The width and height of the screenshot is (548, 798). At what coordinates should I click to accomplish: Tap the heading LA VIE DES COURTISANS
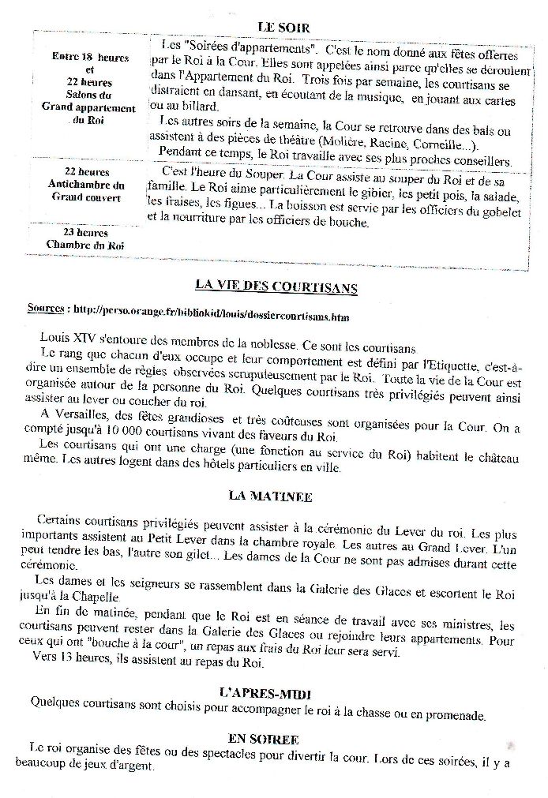pos(276,287)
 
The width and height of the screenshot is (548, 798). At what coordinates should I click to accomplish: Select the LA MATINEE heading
pos(270,496)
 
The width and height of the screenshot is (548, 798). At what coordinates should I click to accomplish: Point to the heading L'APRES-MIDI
pos(265,694)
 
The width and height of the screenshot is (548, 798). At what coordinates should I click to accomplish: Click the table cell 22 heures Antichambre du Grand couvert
pos(87,184)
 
